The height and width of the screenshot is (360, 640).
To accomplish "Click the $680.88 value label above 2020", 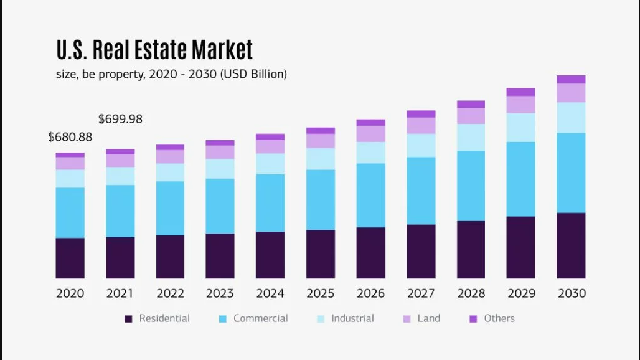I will click(70, 137).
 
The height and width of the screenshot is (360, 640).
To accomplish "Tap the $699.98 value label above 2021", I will click(120, 119).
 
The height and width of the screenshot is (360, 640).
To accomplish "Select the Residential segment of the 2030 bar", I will click(571, 245).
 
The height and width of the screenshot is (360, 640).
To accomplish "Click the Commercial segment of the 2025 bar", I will click(320, 199).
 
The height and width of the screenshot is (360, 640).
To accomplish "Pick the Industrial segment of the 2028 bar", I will click(471, 137).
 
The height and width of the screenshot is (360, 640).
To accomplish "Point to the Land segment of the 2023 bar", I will click(220, 152).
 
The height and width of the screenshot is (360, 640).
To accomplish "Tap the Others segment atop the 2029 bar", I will click(520, 92).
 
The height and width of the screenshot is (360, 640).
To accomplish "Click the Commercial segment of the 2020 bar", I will click(70, 212).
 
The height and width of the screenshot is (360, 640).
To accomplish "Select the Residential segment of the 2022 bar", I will click(170, 257).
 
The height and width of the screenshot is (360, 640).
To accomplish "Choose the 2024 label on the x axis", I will click(270, 293).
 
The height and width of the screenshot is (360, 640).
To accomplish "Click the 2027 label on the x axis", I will click(421, 293).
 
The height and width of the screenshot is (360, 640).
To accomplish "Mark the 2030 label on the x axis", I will click(571, 293).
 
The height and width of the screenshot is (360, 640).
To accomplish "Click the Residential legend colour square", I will click(129, 319).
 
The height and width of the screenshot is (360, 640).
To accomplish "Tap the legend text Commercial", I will click(260, 318).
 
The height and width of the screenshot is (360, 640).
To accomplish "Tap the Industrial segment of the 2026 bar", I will click(370, 153).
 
